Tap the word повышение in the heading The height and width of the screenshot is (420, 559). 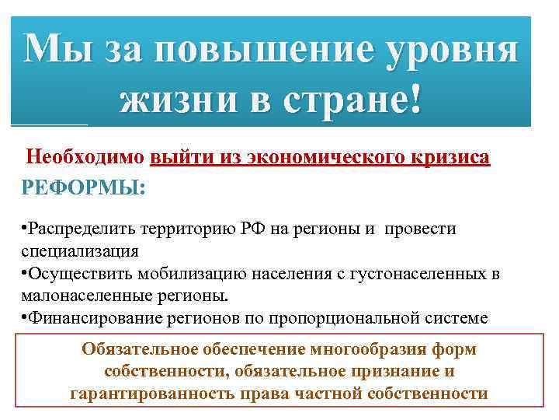coord(256,50)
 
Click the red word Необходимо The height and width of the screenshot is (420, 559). coord(85,158)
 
